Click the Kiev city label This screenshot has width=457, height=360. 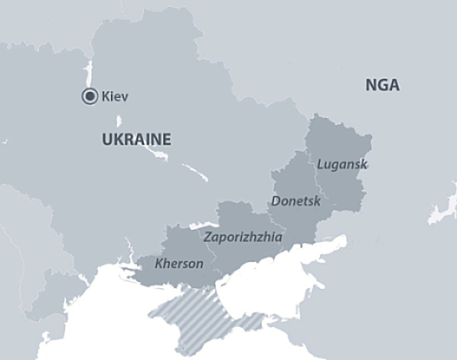115,97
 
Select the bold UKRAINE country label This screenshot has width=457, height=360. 136,140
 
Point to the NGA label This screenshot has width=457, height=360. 382,85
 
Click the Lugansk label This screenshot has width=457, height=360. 342,164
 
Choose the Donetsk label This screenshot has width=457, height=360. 296,201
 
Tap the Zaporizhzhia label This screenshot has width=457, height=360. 243,237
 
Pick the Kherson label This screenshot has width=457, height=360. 179,263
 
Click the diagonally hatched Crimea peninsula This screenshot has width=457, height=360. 195,316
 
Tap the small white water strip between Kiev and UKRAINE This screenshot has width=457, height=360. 119,122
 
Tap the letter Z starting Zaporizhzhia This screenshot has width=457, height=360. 207,237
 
